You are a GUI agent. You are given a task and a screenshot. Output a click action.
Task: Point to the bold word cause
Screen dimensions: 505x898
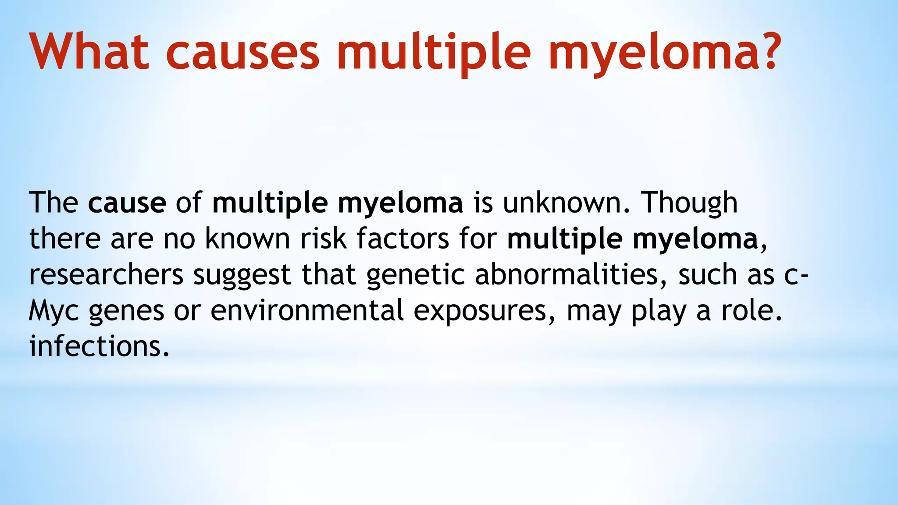tap(127, 203)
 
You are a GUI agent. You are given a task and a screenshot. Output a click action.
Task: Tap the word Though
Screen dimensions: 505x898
tap(689, 203)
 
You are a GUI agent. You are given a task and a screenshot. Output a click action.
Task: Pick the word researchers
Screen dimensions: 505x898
tap(106, 275)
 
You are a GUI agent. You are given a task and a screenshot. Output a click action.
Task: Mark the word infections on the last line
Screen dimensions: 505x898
tap(99, 347)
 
